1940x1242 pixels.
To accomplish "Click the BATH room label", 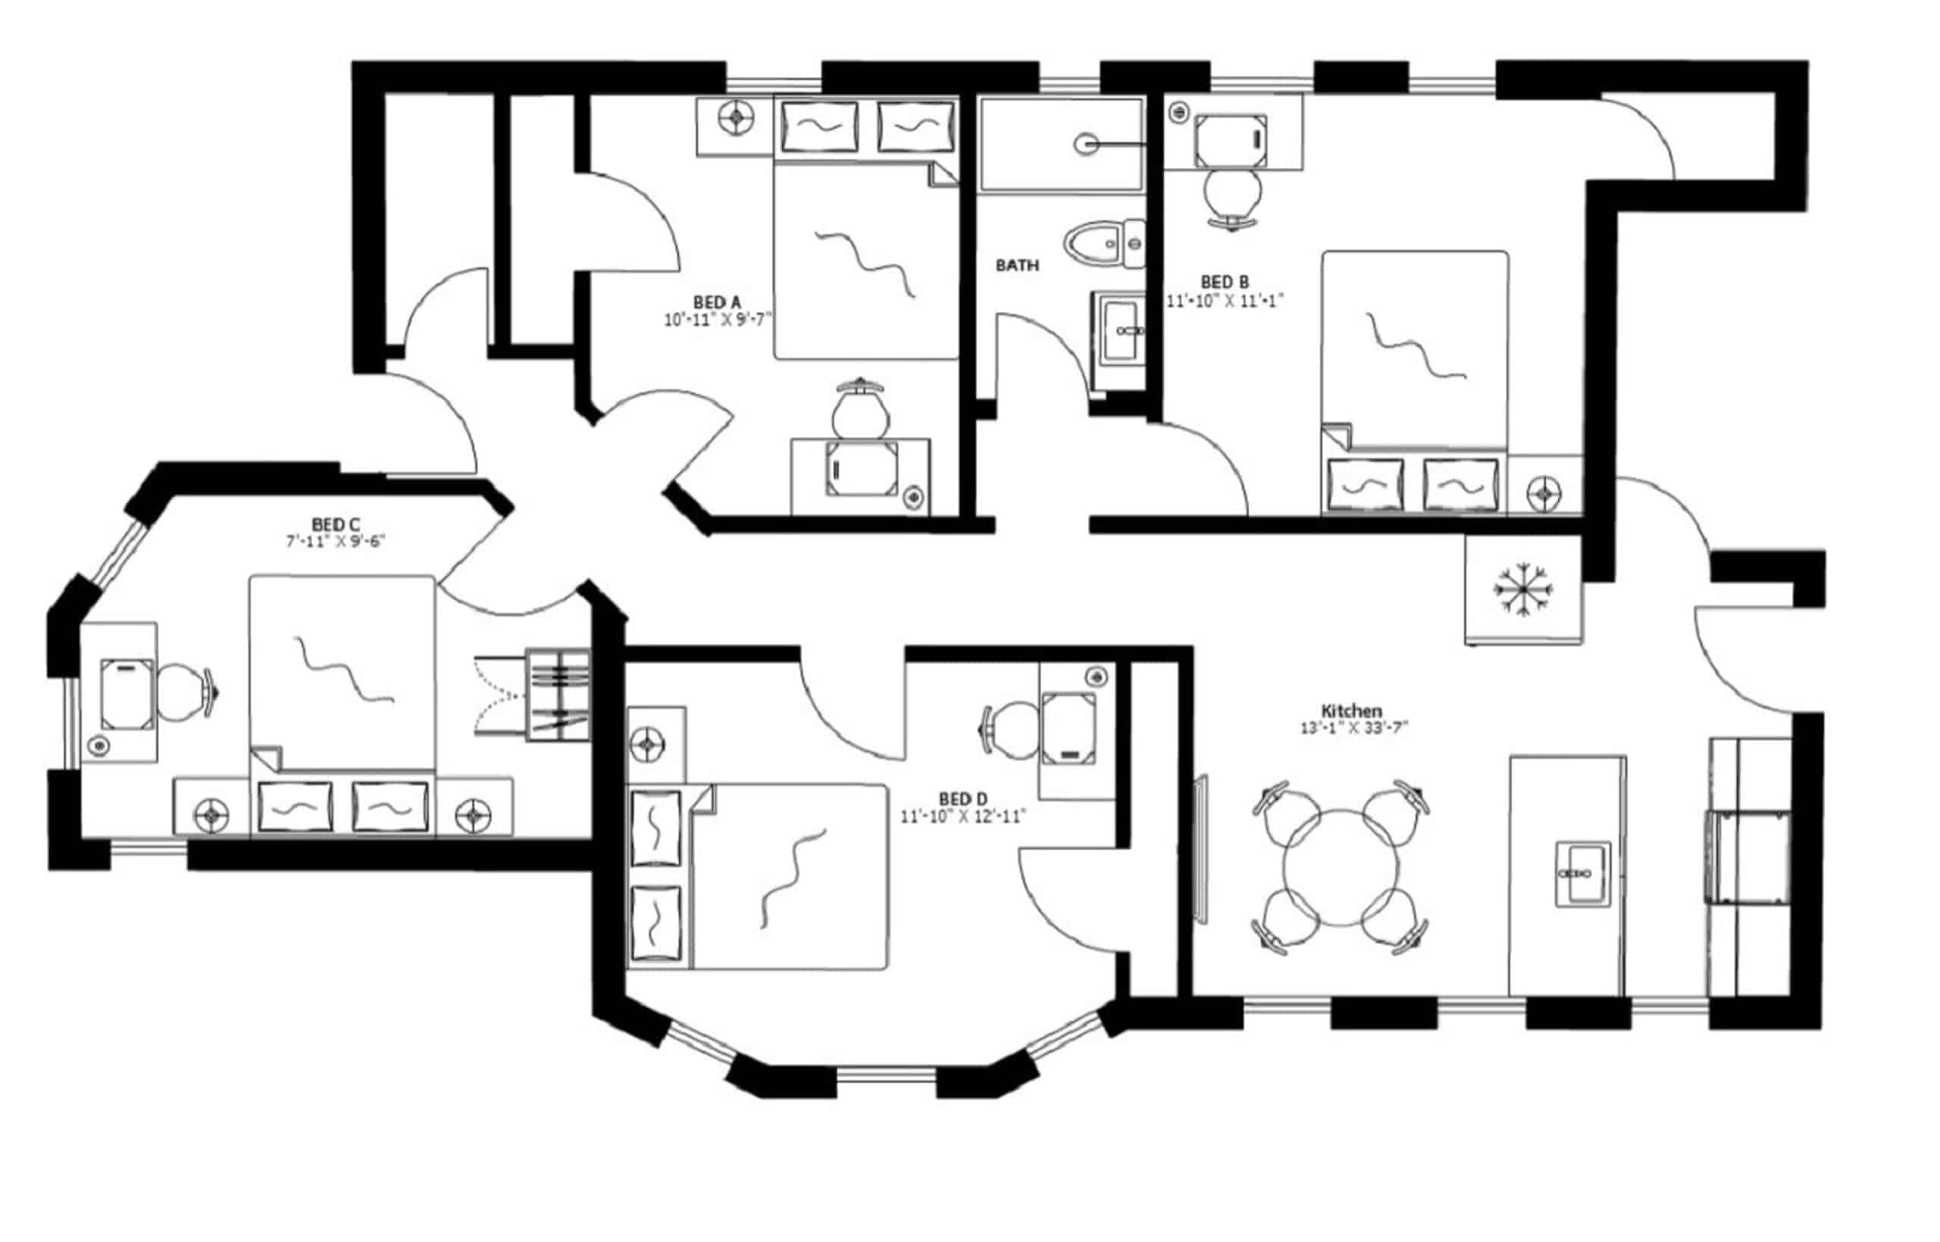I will point(1017,265).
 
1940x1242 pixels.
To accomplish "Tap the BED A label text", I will point(716,302).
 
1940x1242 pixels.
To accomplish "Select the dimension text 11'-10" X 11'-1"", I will point(1224,301).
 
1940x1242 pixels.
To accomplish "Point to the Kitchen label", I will point(1351,712).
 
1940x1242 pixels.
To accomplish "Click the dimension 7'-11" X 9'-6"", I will point(336,541).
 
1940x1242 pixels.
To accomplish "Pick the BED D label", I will point(962,799).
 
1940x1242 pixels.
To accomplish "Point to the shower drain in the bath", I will point(1085,145).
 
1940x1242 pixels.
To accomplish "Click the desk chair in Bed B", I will point(1231,196).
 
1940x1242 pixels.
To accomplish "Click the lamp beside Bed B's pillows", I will point(1544,491).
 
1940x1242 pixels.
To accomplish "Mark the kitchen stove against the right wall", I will point(1749,857).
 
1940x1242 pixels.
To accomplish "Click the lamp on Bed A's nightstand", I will point(735,117).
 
